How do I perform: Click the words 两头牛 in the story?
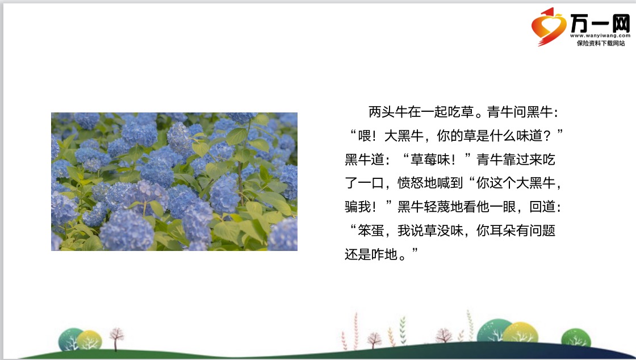(388, 112)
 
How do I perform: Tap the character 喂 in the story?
(364, 136)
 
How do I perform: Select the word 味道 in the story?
(529, 136)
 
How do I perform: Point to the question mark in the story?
(547, 136)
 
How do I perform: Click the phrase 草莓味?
(430, 160)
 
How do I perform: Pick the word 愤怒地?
(417, 183)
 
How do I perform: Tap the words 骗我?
(358, 207)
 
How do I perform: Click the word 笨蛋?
(371, 231)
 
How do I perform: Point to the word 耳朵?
(503, 231)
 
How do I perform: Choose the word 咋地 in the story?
(384, 254)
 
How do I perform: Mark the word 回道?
(542, 207)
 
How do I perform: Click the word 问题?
(542, 231)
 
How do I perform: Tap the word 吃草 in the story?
(461, 112)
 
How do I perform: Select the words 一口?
(371, 183)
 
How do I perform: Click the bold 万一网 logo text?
(600, 23)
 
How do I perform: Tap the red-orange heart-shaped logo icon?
(549, 26)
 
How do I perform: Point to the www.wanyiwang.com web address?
(600, 36)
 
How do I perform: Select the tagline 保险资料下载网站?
(601, 43)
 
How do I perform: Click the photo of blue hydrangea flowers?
(174, 182)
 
